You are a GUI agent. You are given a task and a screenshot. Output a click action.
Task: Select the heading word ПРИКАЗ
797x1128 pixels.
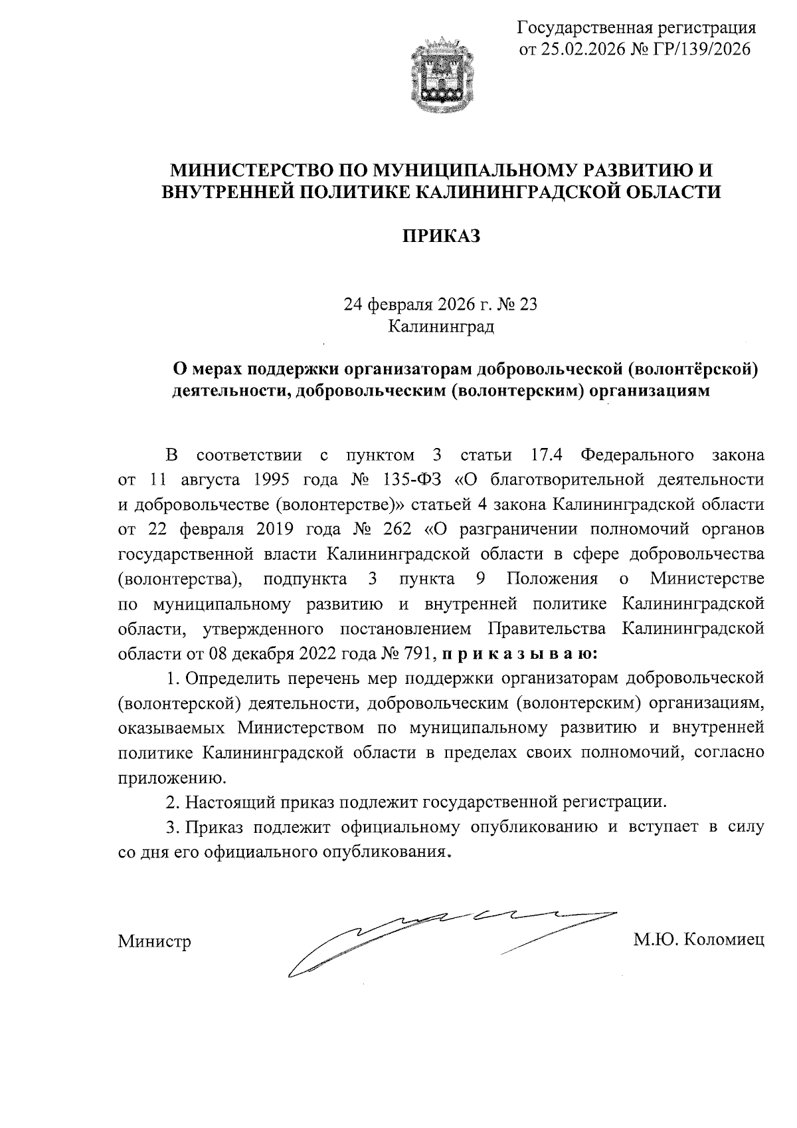tap(441, 237)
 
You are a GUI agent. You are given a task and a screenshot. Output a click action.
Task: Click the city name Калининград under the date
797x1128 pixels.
tap(441, 326)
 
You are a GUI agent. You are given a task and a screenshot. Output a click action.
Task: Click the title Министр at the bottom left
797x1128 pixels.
tap(154, 941)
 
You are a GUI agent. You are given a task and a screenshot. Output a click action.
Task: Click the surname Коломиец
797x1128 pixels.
tap(724, 940)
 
